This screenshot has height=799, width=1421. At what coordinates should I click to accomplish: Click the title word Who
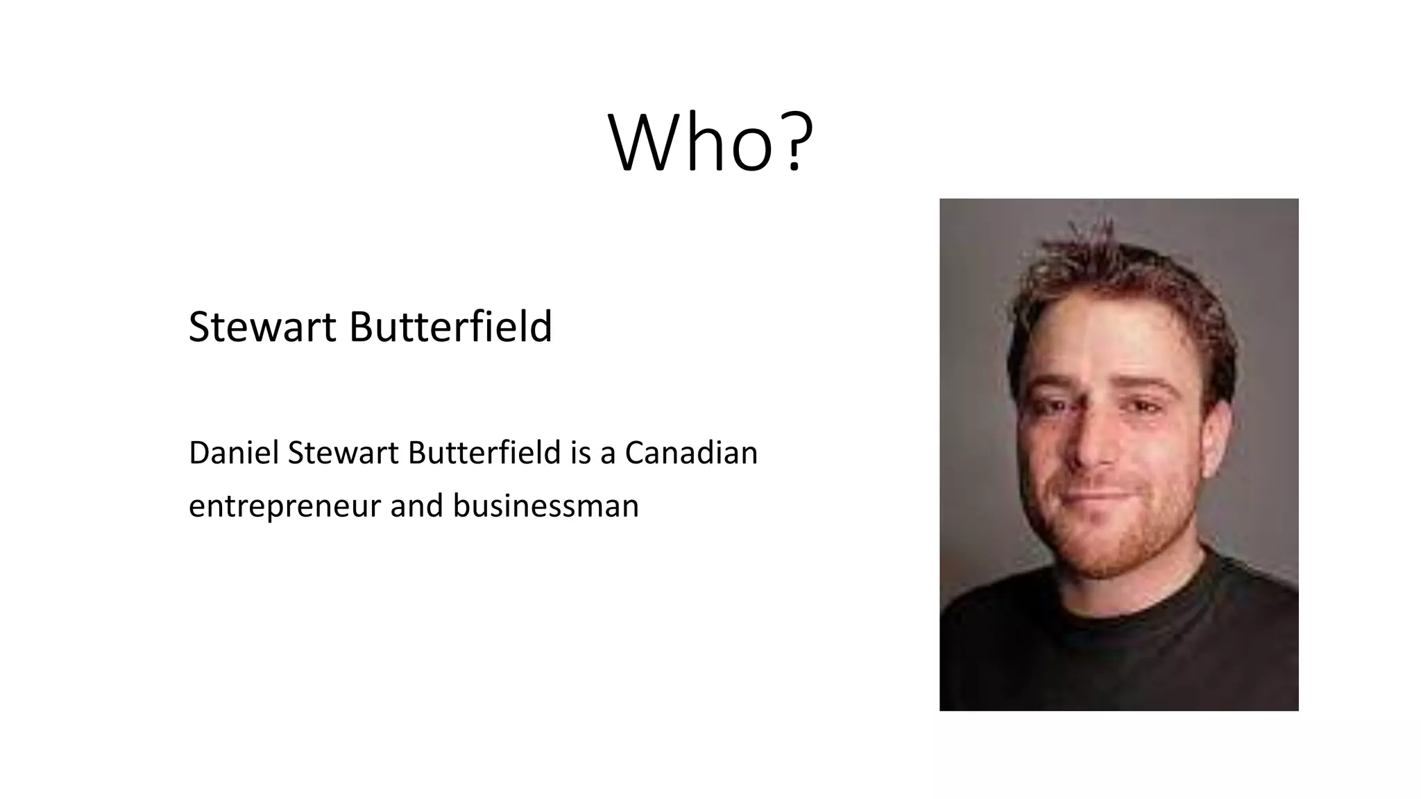(x=690, y=144)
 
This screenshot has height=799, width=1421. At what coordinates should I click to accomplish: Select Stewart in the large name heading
(x=262, y=327)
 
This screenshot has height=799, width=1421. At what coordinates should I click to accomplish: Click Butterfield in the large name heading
(x=450, y=327)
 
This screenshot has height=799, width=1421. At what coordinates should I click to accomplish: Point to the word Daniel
(x=232, y=454)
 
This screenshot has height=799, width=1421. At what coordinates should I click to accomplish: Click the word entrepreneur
(x=284, y=506)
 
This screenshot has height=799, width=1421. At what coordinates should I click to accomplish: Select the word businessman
(x=545, y=506)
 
